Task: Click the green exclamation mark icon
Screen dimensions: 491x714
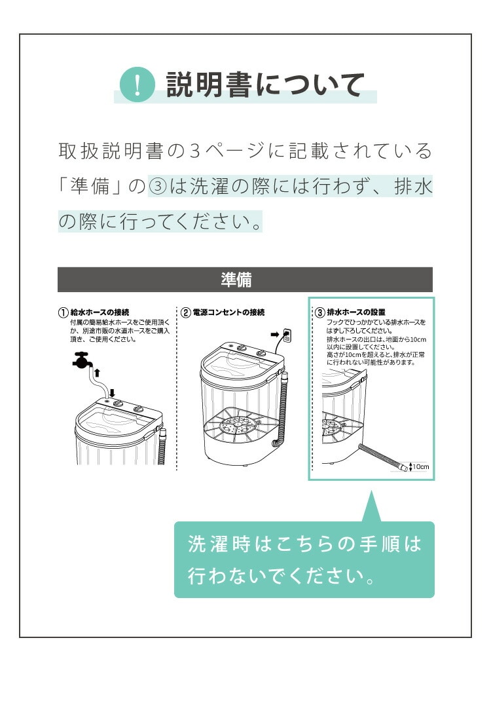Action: point(137,85)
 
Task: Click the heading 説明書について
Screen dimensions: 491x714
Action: point(265,85)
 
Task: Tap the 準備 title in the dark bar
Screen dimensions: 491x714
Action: point(236,280)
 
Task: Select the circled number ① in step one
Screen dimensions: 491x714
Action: point(63,312)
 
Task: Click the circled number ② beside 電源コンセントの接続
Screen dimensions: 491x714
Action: point(186,312)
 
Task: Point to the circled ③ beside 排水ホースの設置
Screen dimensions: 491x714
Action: point(320,312)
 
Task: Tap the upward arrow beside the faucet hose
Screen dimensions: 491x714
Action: point(97,373)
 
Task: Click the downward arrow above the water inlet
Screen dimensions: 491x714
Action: point(112,392)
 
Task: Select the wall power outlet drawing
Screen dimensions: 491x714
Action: point(287,335)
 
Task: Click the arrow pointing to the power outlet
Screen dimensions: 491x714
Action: point(275,335)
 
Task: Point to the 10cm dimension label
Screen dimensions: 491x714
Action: point(420,467)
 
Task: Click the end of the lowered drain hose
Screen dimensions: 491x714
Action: point(402,467)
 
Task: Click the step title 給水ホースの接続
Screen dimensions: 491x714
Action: point(100,312)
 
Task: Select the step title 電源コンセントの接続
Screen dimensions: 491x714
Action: point(229,312)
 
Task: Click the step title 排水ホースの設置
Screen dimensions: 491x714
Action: point(356,312)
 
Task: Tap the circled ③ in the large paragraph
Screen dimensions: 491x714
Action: point(158,187)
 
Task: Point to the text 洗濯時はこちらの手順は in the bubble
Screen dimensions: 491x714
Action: point(304,544)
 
